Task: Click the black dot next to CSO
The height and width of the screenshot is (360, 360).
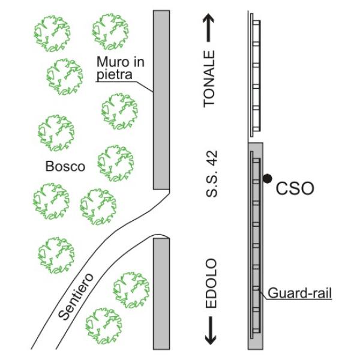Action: (268, 178)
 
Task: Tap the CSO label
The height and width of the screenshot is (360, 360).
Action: (295, 190)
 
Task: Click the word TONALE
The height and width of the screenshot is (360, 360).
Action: (209, 79)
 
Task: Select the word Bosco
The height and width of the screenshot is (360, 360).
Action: (65, 166)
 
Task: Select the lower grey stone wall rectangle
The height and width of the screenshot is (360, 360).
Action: (161, 293)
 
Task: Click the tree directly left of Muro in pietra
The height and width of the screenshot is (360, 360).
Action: (65, 76)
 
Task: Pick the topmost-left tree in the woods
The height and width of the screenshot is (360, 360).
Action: (50, 31)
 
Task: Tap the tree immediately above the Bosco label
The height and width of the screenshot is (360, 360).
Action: (56, 132)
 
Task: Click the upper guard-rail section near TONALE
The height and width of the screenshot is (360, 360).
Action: (256, 75)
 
